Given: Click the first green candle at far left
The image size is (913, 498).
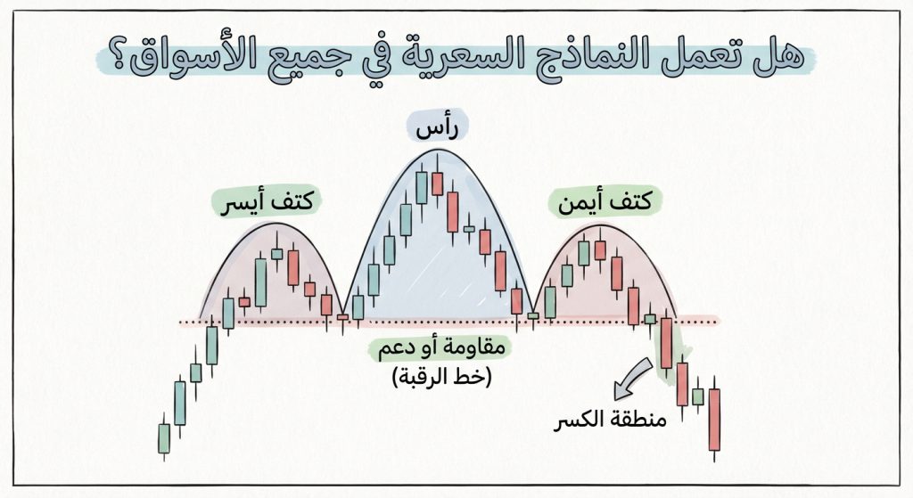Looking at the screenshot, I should [164, 437].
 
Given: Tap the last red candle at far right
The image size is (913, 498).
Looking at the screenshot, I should [714, 419].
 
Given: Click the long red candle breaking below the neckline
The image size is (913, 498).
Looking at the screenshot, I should [665, 343].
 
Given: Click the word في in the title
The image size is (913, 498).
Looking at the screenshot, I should [357, 59].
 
